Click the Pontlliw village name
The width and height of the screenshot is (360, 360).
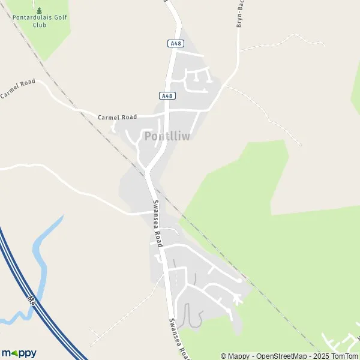(167, 136)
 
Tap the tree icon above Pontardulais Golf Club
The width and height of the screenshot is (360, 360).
(40, 10)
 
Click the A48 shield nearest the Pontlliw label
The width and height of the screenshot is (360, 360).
(167, 96)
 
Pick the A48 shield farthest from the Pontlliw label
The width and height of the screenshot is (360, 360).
(175, 43)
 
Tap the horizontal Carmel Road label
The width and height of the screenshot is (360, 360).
(118, 117)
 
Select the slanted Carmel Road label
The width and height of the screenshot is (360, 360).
(17, 88)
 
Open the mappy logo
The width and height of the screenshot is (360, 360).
(19, 353)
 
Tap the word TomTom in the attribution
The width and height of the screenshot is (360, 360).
(345, 356)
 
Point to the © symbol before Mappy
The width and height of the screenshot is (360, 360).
(224, 356)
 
